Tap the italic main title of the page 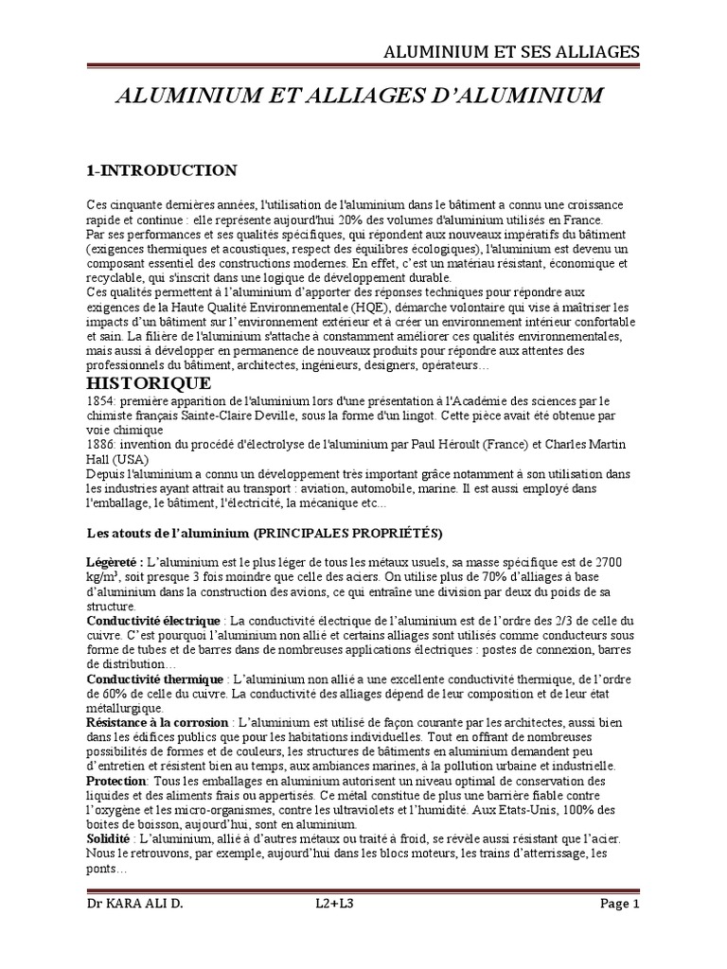pos(359,97)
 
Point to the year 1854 pos(99,400)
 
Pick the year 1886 pos(99,445)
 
